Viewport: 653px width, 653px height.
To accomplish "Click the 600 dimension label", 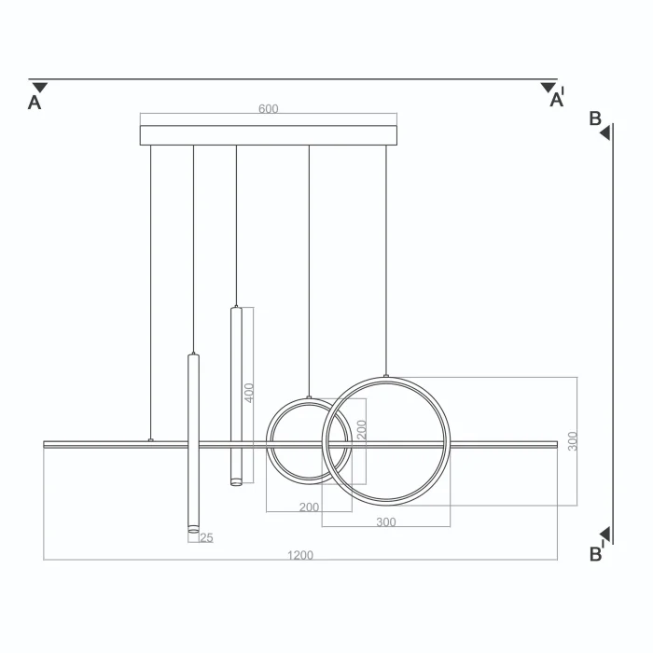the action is pos(269,109).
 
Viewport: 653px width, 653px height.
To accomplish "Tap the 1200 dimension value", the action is pos(300,555).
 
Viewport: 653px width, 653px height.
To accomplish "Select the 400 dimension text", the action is pos(249,393).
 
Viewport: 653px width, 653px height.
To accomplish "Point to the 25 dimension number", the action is pos(206,537).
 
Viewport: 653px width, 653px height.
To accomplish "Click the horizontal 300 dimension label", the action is pos(386,521).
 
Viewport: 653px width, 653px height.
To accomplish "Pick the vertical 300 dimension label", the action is pos(573,441).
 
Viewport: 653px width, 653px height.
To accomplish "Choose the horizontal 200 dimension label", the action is pos(309,507).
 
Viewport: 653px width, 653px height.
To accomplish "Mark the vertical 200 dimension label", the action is pos(362,430).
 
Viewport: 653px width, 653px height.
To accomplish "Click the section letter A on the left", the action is pos(35,103).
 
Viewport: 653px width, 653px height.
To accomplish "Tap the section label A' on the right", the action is pos(557,98).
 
